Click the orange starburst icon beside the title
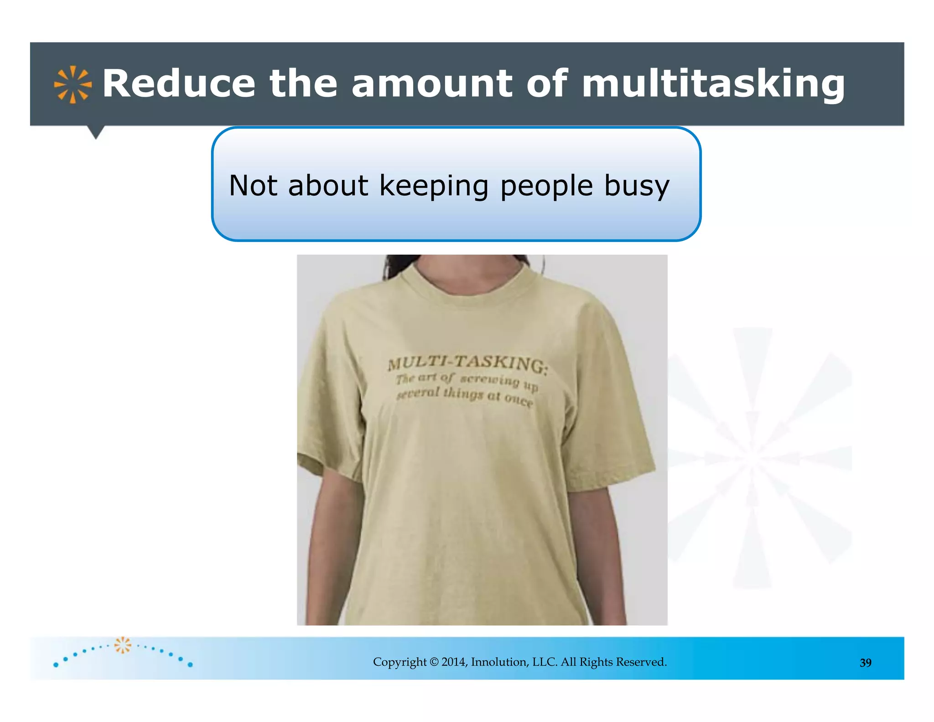point(73,84)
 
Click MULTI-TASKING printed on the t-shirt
point(467,363)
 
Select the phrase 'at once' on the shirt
point(510,398)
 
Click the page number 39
point(865,663)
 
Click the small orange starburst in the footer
point(122,645)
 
